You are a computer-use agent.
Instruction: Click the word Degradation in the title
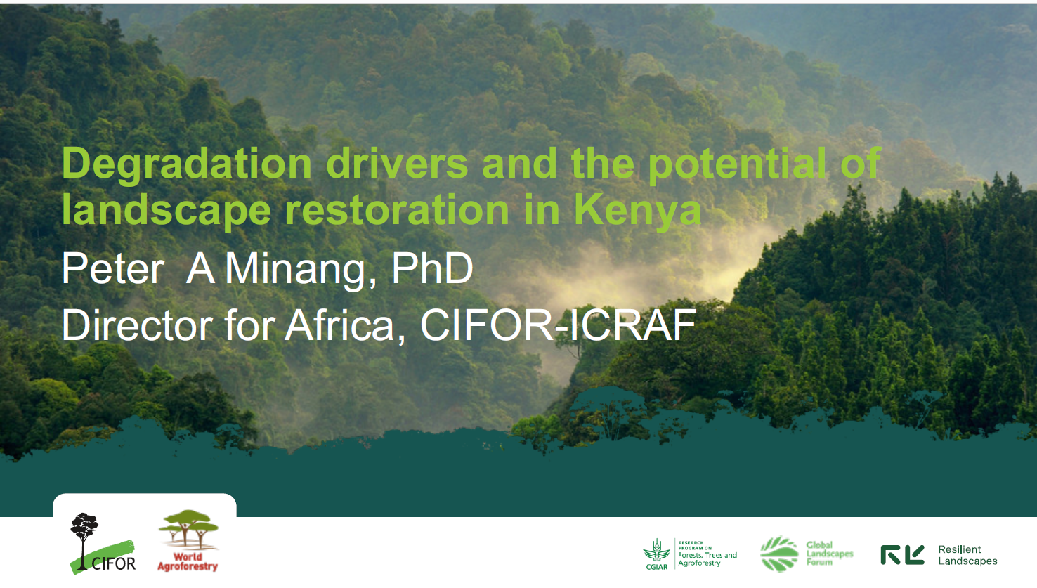(187, 165)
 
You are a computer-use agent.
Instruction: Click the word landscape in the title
(167, 210)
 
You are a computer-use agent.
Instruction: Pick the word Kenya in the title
(638, 211)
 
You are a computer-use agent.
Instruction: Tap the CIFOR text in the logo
(113, 563)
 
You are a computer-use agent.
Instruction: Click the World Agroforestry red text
(188, 561)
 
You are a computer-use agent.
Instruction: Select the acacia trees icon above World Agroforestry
(188, 529)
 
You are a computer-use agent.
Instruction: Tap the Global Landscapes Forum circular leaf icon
(779, 554)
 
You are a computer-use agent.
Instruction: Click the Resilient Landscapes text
(967, 555)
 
